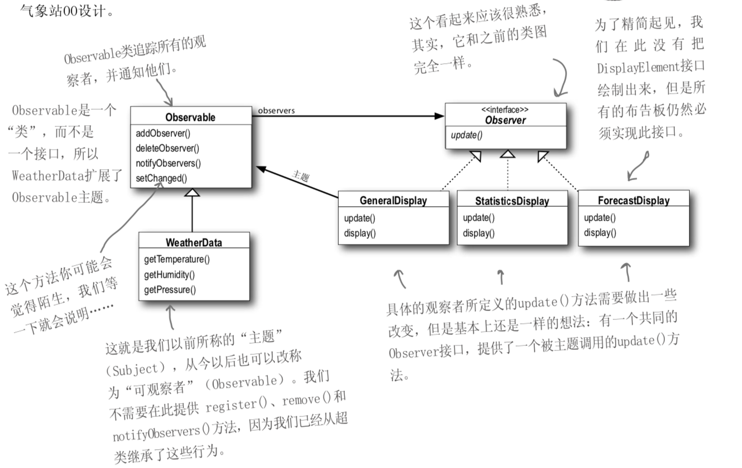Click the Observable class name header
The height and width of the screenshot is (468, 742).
point(190,118)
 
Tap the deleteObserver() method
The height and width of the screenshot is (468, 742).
point(167,148)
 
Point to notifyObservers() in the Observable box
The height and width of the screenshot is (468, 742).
point(168,163)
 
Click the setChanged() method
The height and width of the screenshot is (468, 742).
point(161,178)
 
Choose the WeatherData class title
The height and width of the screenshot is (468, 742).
point(193,242)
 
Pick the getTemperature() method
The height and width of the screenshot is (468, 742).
point(177,259)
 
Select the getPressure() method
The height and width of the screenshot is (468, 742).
point(170,289)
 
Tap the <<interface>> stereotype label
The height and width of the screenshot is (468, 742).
point(505,110)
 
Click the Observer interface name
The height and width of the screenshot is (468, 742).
point(505,120)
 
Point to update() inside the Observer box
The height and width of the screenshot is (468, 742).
point(467,135)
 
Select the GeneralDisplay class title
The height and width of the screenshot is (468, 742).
point(393,201)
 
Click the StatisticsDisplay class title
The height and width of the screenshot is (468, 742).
point(512,201)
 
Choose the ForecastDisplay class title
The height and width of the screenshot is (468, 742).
point(633,200)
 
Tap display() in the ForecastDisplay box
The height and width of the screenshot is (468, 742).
point(600,233)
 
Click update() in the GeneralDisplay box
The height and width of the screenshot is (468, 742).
point(360,218)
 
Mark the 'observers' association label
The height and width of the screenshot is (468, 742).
point(277,110)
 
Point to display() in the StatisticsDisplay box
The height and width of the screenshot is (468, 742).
point(479,233)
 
